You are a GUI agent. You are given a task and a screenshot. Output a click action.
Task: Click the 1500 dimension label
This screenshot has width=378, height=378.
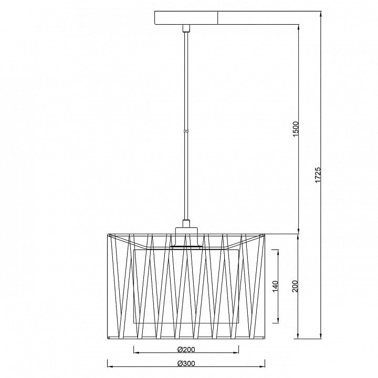(296, 129)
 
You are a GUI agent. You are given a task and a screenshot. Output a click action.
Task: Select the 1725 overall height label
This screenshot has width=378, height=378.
(318, 174)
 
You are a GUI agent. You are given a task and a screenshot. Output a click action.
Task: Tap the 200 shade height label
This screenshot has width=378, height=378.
(295, 286)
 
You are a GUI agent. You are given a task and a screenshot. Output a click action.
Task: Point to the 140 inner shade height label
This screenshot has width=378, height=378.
(275, 286)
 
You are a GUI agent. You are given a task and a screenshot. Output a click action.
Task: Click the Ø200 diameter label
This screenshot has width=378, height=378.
(186, 349)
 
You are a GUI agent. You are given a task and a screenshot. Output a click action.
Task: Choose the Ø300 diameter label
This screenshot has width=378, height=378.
(186, 363)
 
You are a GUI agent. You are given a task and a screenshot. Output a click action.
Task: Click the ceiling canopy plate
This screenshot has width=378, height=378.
(186, 18)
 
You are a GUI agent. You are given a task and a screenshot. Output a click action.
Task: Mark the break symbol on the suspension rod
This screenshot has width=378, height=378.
(186, 131)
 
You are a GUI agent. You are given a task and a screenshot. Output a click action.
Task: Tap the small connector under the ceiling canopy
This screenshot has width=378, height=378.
(186, 28)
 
